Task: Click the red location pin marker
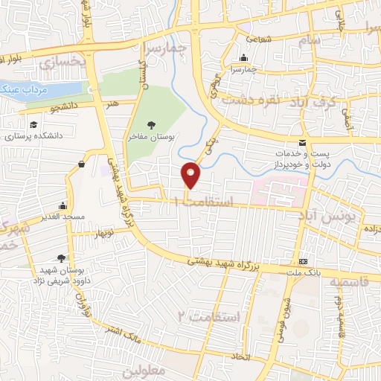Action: click(x=191, y=175)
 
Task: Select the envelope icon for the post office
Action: click(x=301, y=142)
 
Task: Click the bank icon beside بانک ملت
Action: click(x=304, y=263)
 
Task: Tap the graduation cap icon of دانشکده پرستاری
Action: click(x=33, y=126)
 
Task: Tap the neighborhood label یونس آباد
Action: click(x=339, y=216)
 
